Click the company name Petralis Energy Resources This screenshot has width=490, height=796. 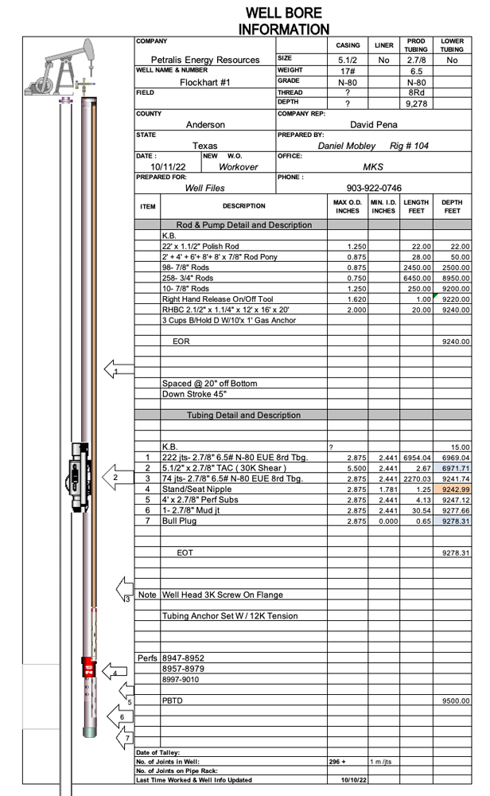[206, 60]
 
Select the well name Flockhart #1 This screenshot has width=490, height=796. [204, 82]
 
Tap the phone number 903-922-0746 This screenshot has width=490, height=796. [370, 189]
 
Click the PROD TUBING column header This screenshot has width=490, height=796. [416, 45]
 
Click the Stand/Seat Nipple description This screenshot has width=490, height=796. [197, 490]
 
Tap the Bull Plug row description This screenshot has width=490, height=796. [179, 521]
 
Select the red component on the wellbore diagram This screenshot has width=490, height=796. [89, 669]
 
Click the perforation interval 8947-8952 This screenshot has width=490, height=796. [183, 659]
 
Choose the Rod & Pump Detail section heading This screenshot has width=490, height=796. [244, 225]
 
